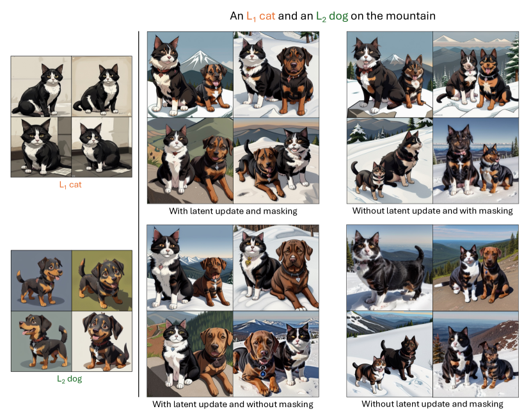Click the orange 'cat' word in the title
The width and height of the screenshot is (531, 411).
pyautogui.click(x=267, y=16)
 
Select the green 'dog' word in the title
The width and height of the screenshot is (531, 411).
pyautogui.click(x=338, y=16)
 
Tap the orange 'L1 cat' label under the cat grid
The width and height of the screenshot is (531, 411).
pyautogui.click(x=70, y=185)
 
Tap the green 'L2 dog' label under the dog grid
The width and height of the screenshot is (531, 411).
pyautogui.click(x=70, y=379)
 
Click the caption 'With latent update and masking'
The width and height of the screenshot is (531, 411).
pyautogui.click(x=233, y=211)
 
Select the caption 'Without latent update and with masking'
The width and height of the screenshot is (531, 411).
pyautogui.click(x=432, y=211)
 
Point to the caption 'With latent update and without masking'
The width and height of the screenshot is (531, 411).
pyautogui.click(x=233, y=404)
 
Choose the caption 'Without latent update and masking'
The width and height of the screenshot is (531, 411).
pyautogui.click(x=432, y=404)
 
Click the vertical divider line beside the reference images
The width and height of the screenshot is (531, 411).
pyautogui.click(x=138, y=214)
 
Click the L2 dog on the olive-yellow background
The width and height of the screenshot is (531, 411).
pyautogui.click(x=102, y=281)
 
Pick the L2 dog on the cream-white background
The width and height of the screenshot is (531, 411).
pyautogui.click(x=106, y=341)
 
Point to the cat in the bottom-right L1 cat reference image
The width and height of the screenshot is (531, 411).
pyautogui.click(x=102, y=147)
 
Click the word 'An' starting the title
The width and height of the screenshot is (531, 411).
pyautogui.click(x=236, y=16)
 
